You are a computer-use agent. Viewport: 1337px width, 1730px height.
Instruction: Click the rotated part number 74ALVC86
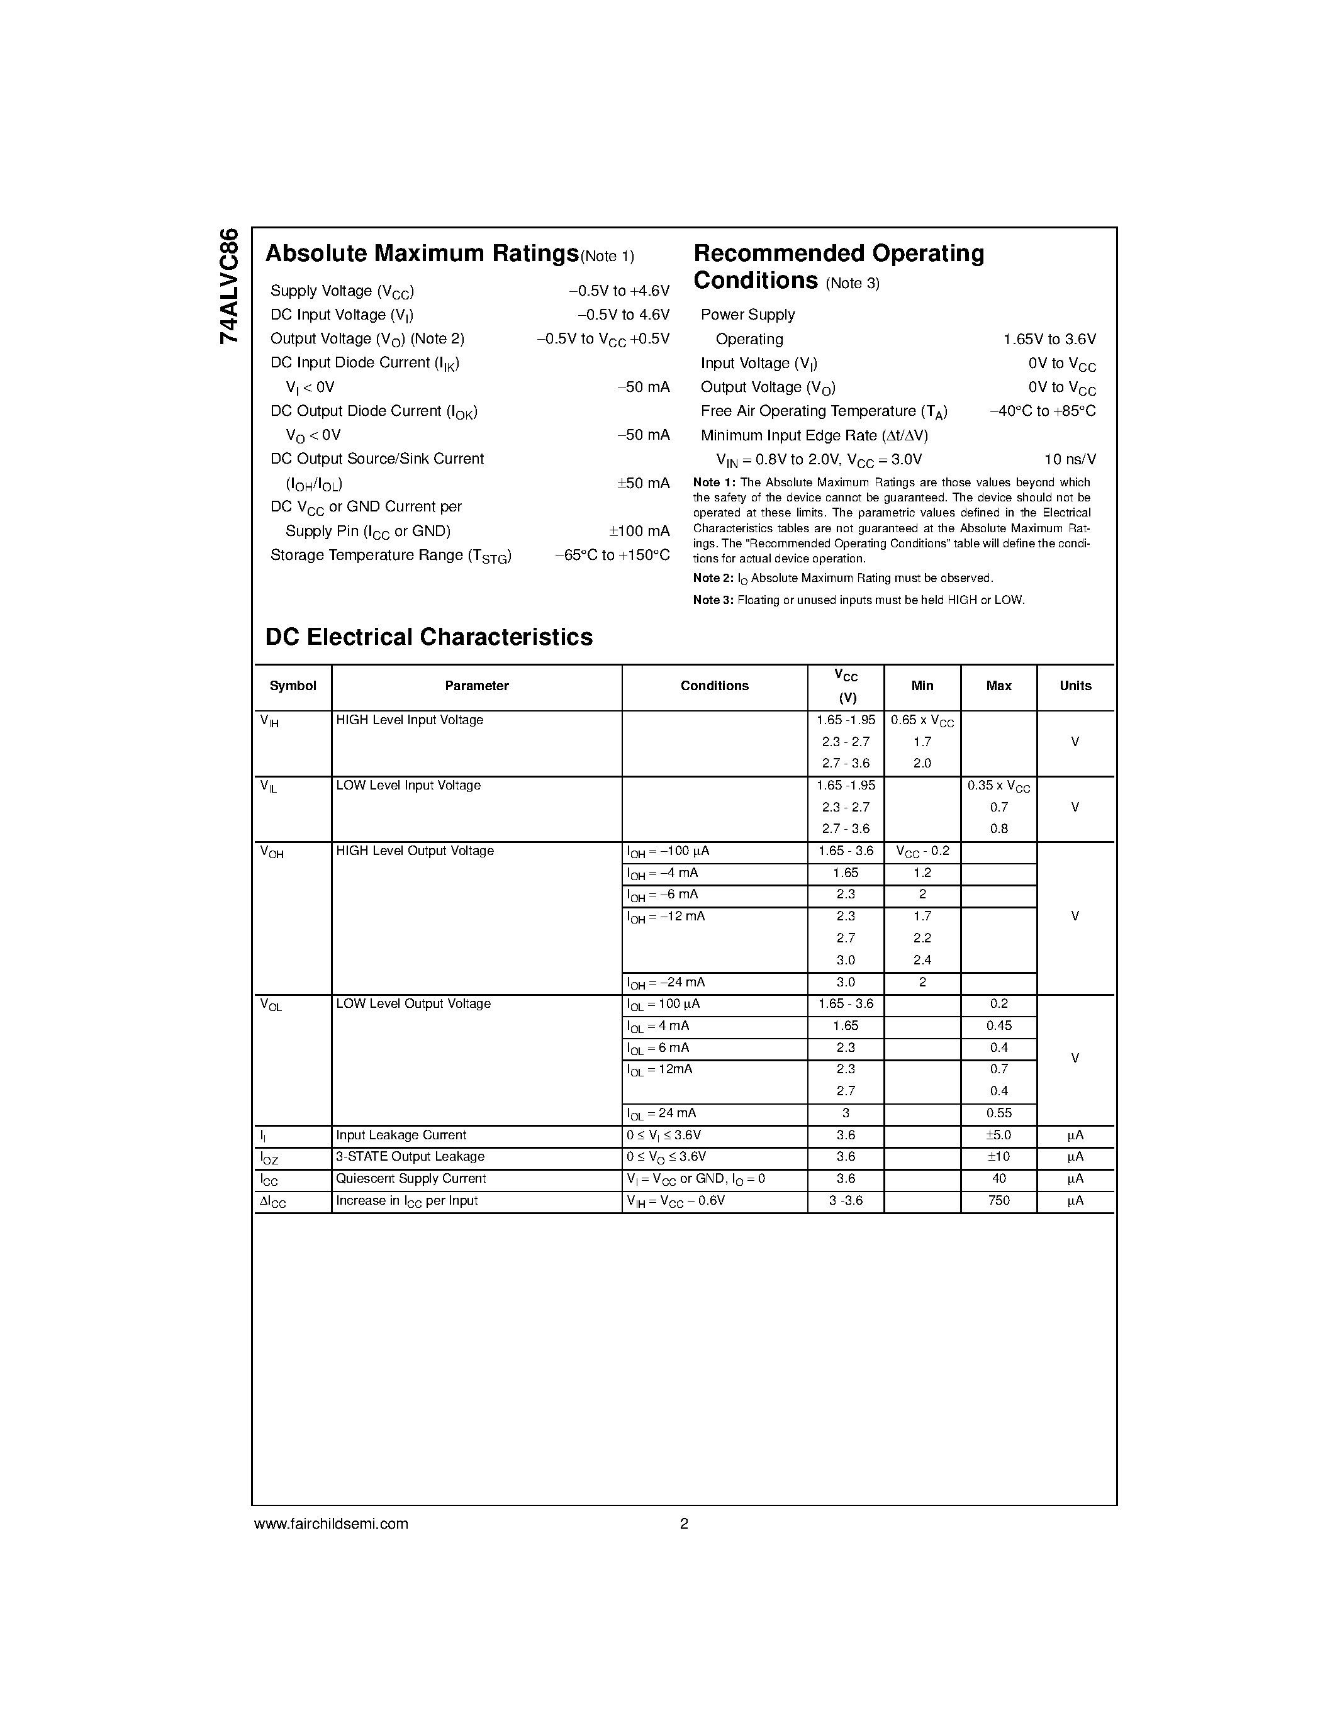point(229,286)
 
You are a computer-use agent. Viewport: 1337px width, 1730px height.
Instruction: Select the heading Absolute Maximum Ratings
point(422,254)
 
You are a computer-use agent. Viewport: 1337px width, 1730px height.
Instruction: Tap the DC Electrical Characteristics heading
point(428,637)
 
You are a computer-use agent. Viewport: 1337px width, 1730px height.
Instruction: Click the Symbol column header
point(293,686)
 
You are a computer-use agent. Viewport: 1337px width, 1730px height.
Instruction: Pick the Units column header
point(1075,686)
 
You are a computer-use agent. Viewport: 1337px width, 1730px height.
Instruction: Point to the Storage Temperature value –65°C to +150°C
point(612,555)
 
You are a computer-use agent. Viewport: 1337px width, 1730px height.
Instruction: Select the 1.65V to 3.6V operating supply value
point(1049,339)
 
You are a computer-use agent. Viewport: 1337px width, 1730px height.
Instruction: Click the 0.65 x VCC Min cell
point(922,721)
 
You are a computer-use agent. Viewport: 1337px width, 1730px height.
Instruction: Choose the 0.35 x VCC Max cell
point(999,786)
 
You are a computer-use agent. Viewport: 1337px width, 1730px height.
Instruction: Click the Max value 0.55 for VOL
point(999,1113)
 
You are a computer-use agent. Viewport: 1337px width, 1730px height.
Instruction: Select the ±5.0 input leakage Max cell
point(999,1135)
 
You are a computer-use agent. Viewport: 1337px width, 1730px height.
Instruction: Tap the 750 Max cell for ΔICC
point(999,1201)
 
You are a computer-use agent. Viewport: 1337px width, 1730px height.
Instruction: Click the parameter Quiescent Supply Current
point(410,1179)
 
